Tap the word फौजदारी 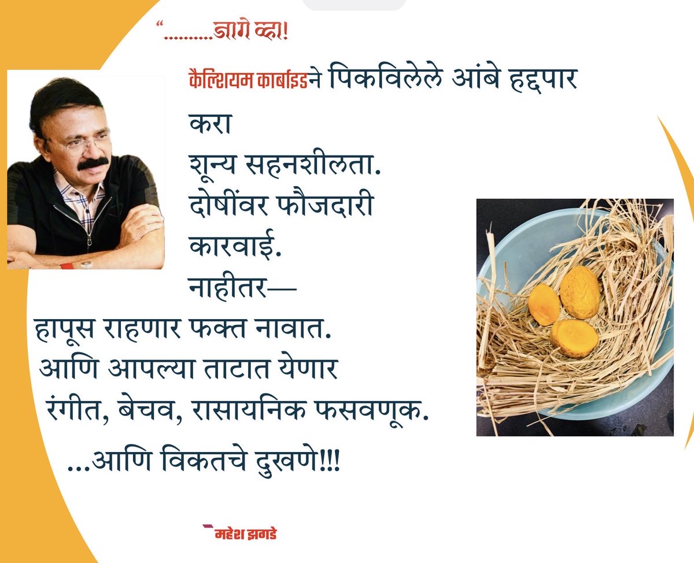point(327,206)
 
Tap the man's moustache point(93,163)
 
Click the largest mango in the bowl point(580,292)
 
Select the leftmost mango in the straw point(544,305)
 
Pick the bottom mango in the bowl point(574,338)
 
